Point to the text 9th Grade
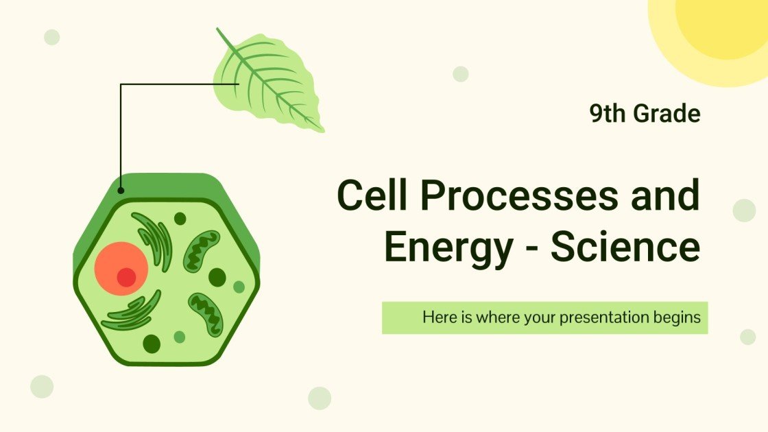645,114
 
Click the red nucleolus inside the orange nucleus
126,277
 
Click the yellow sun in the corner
720,31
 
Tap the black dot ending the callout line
121,191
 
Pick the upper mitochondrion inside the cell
201,250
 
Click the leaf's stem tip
218,29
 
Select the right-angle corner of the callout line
121,84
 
